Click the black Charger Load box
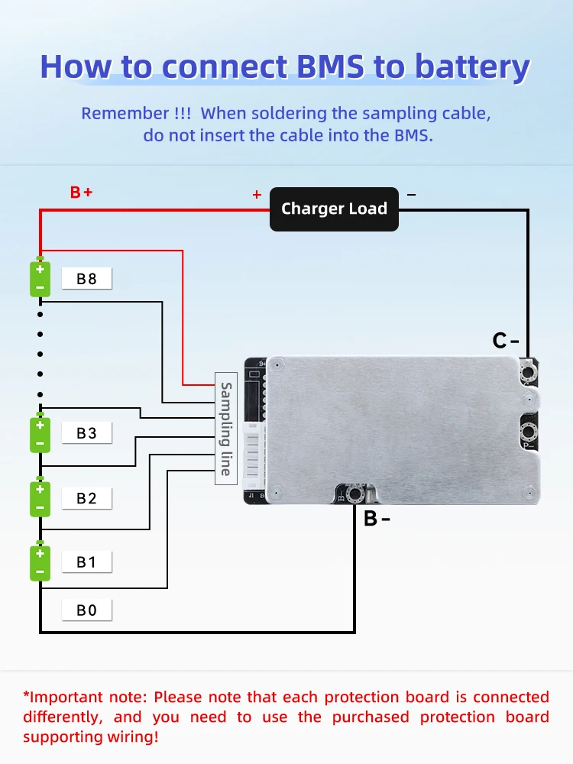click(334, 209)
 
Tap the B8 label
click(87, 279)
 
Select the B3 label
click(87, 432)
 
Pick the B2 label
click(87, 498)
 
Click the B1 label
click(87, 562)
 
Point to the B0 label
click(87, 610)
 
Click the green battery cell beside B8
click(40, 277)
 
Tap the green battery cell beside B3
click(40, 433)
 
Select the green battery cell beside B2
click(40, 497)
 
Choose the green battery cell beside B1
click(40, 562)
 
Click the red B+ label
click(81, 193)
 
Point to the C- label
click(505, 341)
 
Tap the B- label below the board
click(377, 519)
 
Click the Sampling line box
click(226, 429)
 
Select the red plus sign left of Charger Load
click(257, 195)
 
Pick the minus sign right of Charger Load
click(411, 195)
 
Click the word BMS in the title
click(330, 66)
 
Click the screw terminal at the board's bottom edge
click(354, 494)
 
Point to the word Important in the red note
click(65, 698)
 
